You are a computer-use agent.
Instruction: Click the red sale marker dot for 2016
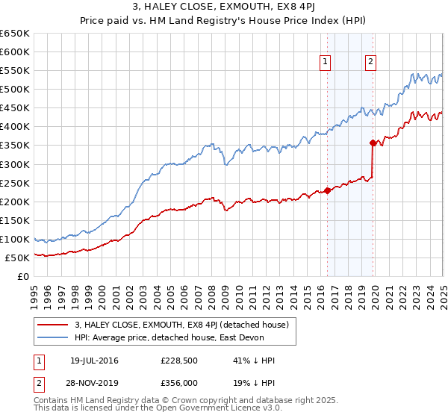click(x=327, y=190)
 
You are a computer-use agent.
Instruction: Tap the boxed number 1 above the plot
click(x=326, y=63)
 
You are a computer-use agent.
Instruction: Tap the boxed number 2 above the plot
click(x=370, y=63)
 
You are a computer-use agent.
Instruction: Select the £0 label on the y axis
click(x=24, y=277)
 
